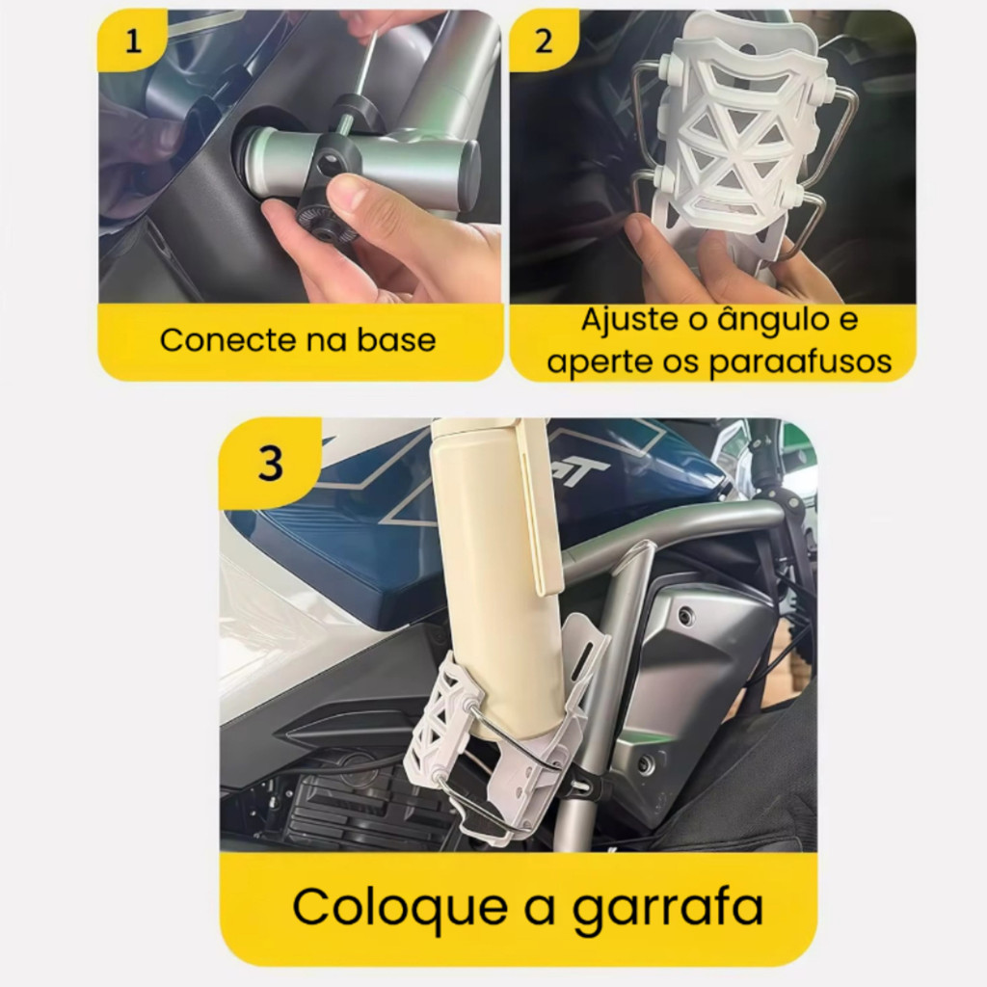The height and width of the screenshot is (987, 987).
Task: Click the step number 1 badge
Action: (x=133, y=40)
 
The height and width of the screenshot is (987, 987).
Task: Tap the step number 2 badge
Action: (x=544, y=40)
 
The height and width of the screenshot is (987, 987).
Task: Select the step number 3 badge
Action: (x=271, y=464)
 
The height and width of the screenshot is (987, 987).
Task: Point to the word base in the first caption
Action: (x=396, y=340)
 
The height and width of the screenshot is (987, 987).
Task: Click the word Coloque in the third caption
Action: (x=400, y=907)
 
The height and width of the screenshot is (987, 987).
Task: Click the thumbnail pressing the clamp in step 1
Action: (x=350, y=192)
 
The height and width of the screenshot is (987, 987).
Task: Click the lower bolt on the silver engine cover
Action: (x=645, y=763)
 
